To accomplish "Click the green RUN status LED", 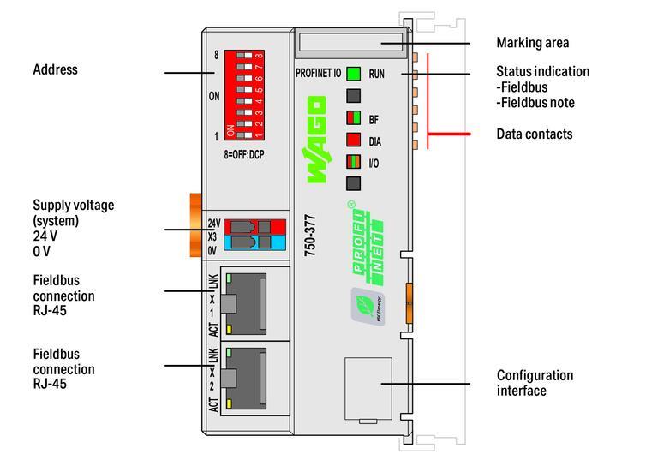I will (x=353, y=74).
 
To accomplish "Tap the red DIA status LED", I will (x=353, y=140).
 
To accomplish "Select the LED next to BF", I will (x=353, y=118).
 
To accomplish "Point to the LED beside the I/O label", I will (x=353, y=161).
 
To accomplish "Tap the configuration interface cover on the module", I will (x=368, y=390).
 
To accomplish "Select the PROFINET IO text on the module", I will (x=318, y=75).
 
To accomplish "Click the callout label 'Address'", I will (x=55, y=69).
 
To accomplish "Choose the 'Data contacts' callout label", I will (x=535, y=134).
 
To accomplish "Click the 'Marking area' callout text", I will (x=532, y=43).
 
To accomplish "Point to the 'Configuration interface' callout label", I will (x=535, y=383).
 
